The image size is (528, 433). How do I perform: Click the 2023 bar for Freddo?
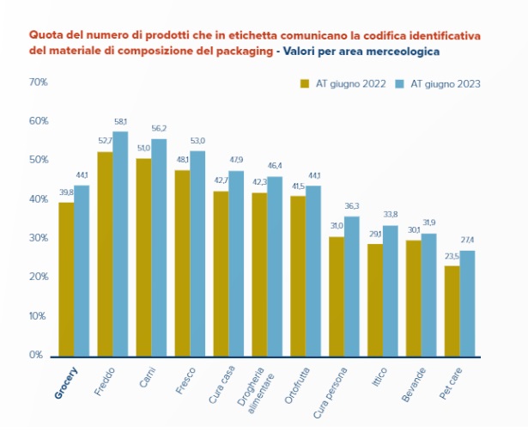[x=120, y=244]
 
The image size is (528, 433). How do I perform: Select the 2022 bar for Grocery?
[x=66, y=279]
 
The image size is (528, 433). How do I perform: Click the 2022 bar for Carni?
[x=143, y=257]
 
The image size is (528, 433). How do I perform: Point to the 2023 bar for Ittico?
[x=391, y=291]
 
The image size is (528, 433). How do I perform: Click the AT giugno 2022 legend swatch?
[x=305, y=84]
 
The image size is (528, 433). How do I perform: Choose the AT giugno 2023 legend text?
[x=446, y=84]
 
